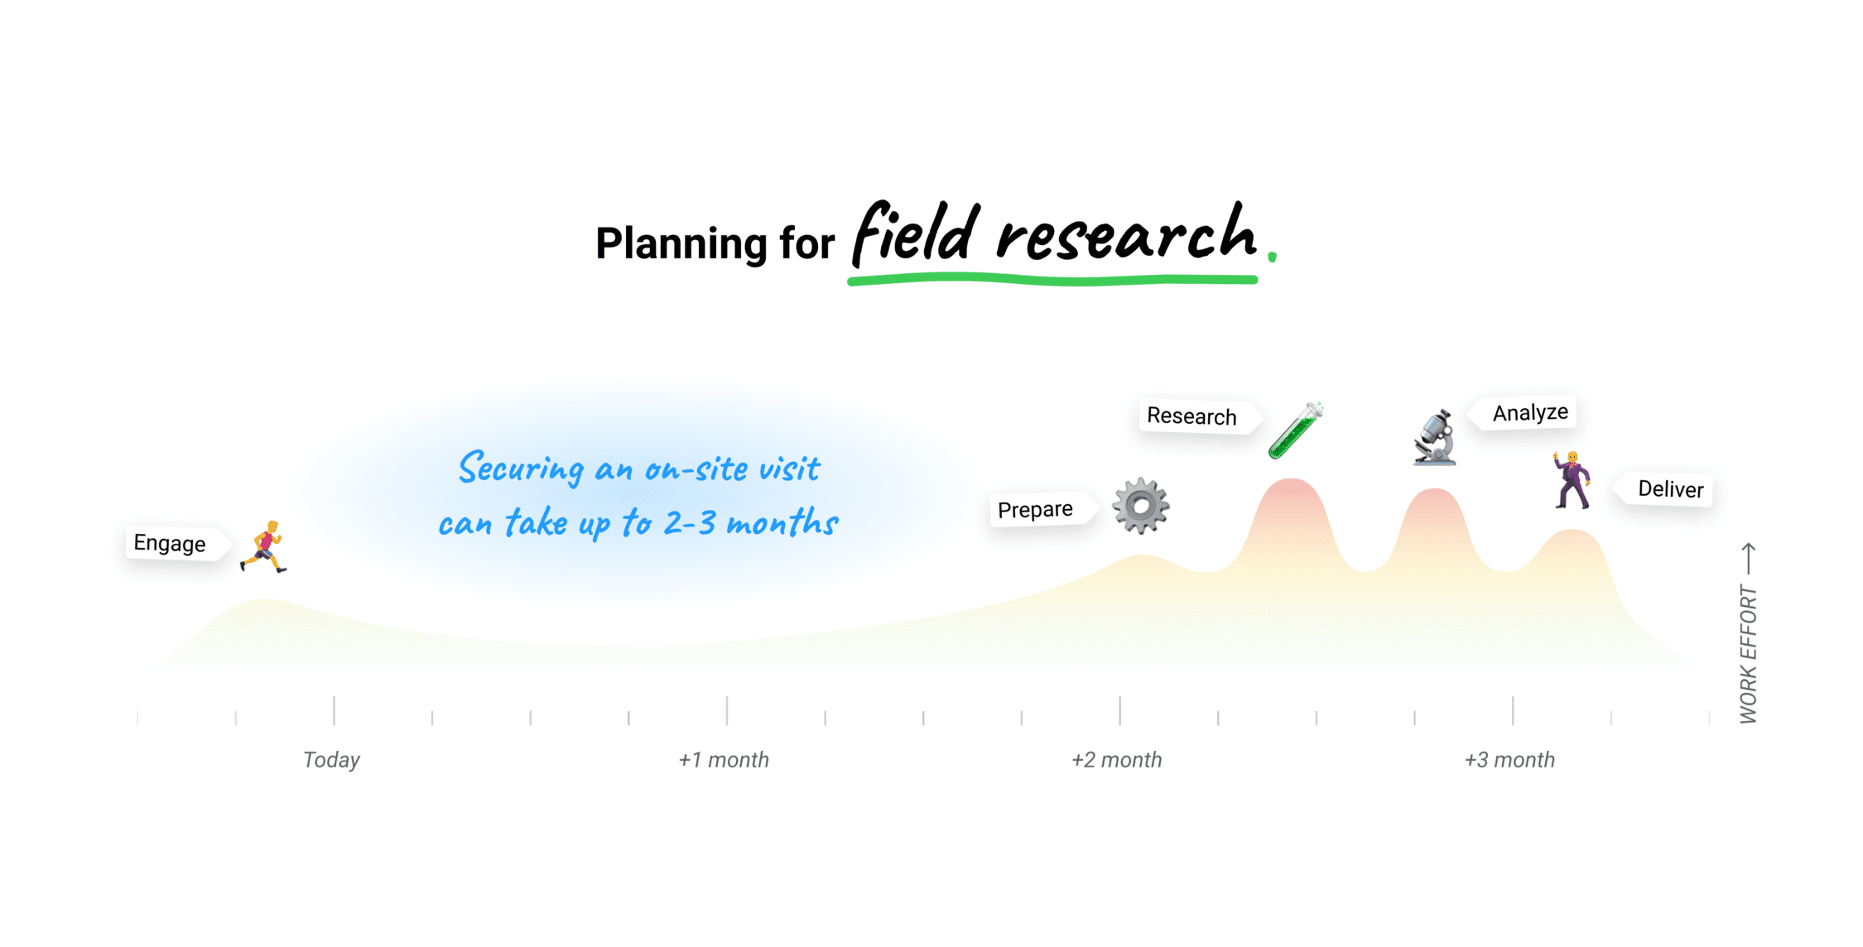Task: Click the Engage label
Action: (x=171, y=544)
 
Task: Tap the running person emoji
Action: (x=263, y=547)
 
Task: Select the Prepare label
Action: (x=1037, y=510)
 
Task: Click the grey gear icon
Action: (x=1141, y=506)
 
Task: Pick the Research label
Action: (x=1193, y=416)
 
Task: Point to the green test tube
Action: (x=1296, y=430)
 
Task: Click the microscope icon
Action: (x=1434, y=436)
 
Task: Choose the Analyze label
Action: (x=1528, y=412)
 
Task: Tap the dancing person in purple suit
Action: (x=1571, y=479)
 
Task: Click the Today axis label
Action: (x=331, y=760)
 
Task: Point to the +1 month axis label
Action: (x=724, y=760)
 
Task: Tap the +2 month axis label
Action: (x=1116, y=760)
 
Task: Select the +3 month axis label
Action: (x=1509, y=760)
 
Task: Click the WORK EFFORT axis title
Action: (x=1748, y=654)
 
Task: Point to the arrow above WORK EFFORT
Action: (x=1749, y=559)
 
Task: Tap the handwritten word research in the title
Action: (x=1126, y=233)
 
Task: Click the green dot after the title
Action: (x=1272, y=257)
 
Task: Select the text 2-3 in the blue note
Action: (x=689, y=523)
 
